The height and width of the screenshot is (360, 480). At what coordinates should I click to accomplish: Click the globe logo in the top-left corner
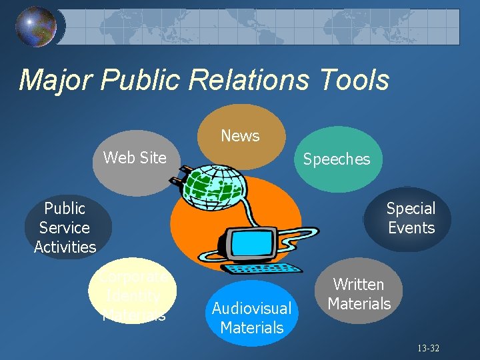coord(36,27)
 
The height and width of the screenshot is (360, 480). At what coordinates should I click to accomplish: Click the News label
coord(240,136)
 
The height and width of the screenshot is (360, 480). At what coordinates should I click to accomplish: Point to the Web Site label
coord(135,158)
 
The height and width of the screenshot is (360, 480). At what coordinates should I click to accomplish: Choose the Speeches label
coord(337,159)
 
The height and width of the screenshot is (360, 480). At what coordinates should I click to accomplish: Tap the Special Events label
coord(411,218)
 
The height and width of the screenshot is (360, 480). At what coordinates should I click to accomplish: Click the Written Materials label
coord(359,294)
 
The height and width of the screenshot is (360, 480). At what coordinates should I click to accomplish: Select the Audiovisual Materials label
coord(252,318)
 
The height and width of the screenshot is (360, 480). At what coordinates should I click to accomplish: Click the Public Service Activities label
coord(65,227)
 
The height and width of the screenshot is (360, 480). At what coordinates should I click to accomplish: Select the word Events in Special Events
coord(411,228)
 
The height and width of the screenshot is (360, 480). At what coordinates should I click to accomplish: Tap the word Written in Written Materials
coord(359,285)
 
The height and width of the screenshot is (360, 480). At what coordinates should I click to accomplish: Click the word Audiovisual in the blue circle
coord(252,309)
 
